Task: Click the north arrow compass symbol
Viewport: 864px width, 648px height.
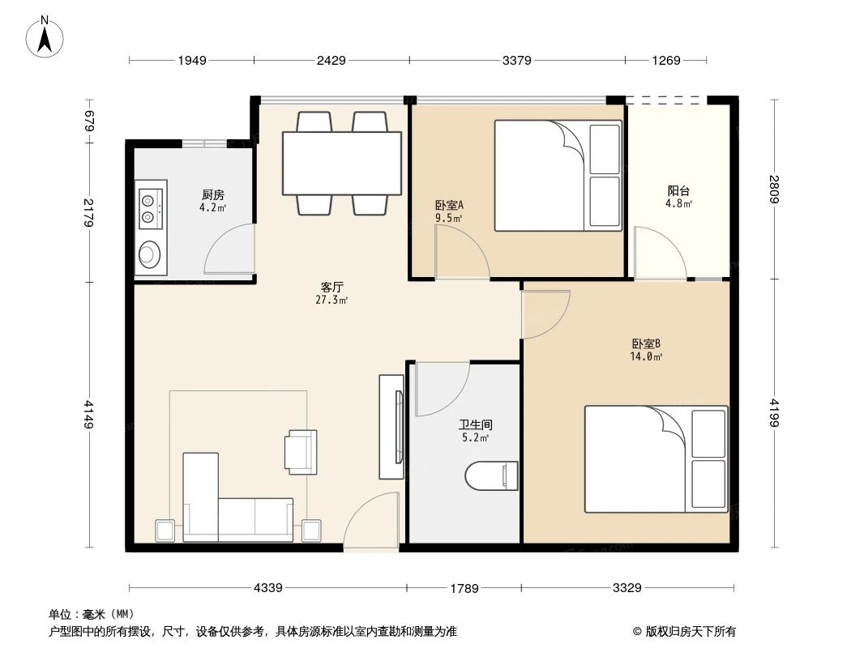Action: pos(46,37)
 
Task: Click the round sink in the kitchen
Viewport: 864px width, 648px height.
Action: pos(150,254)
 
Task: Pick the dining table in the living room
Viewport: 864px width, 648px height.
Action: pos(342,163)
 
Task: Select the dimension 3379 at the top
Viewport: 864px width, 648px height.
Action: pos(517,60)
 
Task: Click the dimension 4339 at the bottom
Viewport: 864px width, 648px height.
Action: pos(267,588)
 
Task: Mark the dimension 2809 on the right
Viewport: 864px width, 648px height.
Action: pos(774,190)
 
